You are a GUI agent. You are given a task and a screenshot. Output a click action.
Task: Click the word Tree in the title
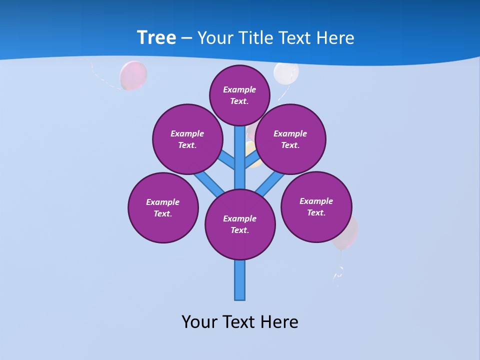(x=156, y=37)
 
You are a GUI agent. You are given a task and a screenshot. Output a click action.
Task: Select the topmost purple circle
(x=239, y=95)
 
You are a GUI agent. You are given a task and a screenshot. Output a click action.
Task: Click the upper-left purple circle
(x=187, y=139)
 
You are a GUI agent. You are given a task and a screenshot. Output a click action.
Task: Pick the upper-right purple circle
(x=290, y=139)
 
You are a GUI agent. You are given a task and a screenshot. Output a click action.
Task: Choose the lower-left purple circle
(x=163, y=207)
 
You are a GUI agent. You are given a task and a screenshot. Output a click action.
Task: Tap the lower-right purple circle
(x=316, y=206)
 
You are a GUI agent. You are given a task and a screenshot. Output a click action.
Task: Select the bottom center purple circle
(x=240, y=224)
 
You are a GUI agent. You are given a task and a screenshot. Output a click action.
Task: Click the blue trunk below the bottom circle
(x=240, y=280)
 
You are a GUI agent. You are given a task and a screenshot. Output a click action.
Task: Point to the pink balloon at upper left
(x=133, y=75)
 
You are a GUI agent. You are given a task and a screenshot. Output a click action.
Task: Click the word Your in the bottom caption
(x=199, y=321)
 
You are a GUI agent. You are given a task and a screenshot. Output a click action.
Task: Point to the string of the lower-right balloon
(x=339, y=270)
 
